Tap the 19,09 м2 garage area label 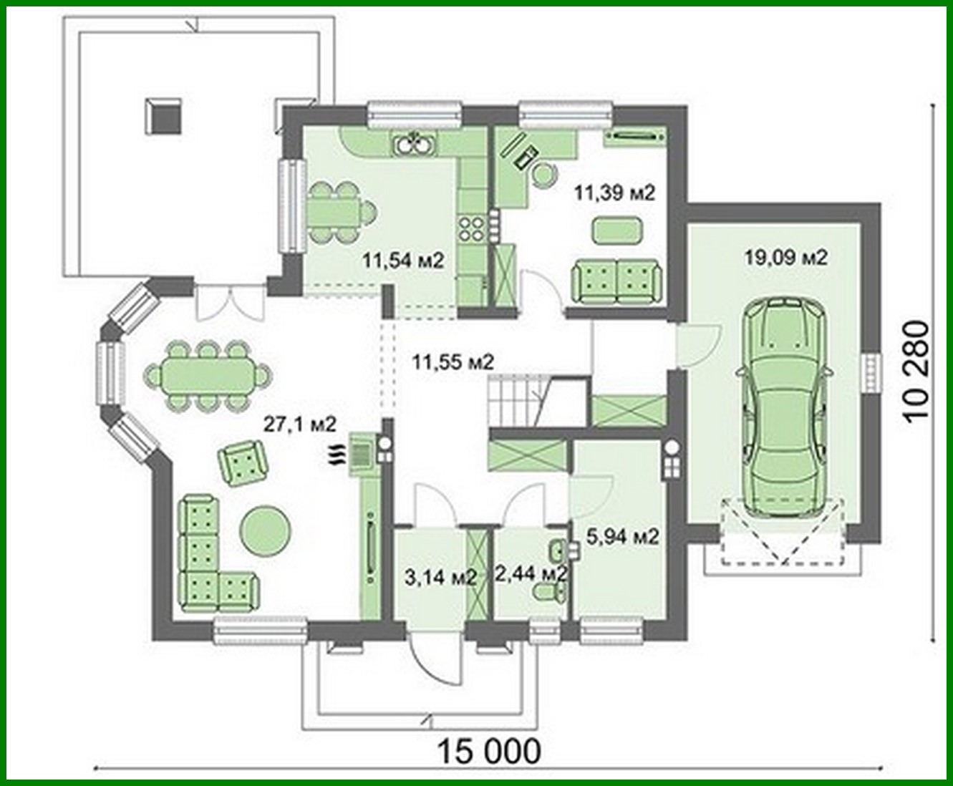pyautogui.click(x=785, y=257)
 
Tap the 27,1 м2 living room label pyautogui.click(x=300, y=424)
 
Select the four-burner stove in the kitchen pyautogui.click(x=470, y=227)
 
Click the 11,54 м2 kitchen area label pyautogui.click(x=403, y=261)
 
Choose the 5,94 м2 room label pyautogui.click(x=622, y=536)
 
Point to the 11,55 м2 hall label pyautogui.click(x=453, y=362)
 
